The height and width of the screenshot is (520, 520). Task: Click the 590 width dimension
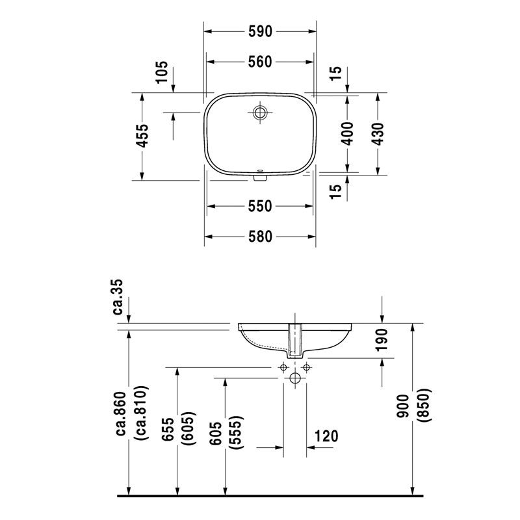pos(260,30)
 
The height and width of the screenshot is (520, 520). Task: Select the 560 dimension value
pos(260,62)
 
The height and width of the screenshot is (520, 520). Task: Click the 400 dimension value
pos(347,133)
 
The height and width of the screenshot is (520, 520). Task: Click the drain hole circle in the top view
pos(261,113)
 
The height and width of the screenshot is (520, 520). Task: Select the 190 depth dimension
pos(382,340)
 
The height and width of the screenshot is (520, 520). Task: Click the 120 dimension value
pos(326,435)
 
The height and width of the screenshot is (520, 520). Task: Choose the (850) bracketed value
pos(426,407)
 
